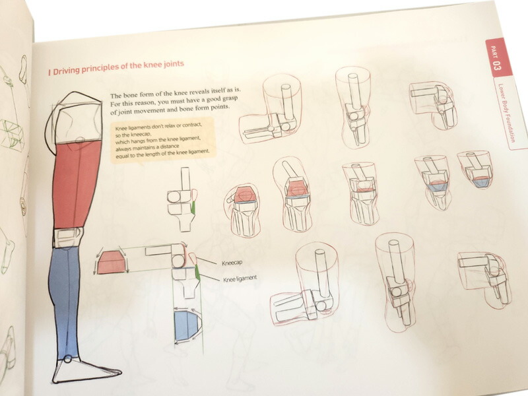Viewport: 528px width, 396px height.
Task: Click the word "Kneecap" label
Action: (x=232, y=263)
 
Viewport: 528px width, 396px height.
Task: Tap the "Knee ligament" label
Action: (x=240, y=279)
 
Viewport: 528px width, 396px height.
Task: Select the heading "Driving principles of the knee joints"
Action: (x=116, y=67)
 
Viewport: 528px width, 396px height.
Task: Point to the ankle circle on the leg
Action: (x=68, y=359)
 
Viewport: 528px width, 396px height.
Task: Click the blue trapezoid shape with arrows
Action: (x=186, y=325)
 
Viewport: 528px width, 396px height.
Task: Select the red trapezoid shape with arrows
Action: (x=112, y=262)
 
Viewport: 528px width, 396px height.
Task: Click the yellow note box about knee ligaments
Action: (x=162, y=141)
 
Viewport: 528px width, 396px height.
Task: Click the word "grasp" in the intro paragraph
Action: (x=230, y=99)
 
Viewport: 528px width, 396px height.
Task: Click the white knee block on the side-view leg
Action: (x=68, y=238)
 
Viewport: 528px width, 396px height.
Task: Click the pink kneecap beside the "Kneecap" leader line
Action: (x=192, y=259)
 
